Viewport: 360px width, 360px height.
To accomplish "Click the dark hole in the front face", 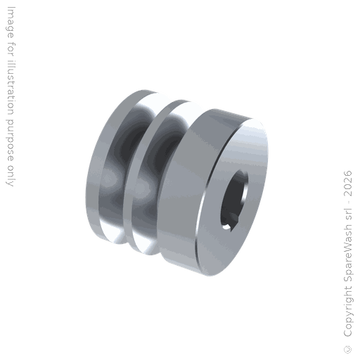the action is (233, 200).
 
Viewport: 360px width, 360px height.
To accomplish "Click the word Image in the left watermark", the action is (11, 22).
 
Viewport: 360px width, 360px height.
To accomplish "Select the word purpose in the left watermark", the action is (10, 141).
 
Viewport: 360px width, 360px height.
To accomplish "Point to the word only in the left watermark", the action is (10, 176).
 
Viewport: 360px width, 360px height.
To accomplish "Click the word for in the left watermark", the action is (11, 49).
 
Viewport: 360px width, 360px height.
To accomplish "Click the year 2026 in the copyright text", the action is (347, 184).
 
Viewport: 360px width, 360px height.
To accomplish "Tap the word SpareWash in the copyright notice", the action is (348, 253).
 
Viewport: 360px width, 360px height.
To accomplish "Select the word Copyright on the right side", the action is (348, 311).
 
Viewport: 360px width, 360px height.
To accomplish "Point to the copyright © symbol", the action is (347, 349).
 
